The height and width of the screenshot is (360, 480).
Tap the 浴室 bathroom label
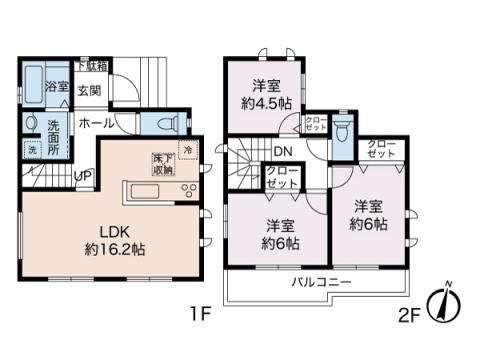click(x=56, y=87)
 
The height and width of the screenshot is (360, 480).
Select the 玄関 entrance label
click(x=89, y=90)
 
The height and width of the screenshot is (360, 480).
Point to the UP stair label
click(x=85, y=176)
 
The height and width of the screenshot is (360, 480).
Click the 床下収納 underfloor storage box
click(x=162, y=164)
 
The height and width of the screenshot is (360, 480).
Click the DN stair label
click(x=283, y=152)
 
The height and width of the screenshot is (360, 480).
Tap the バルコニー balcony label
click(x=321, y=283)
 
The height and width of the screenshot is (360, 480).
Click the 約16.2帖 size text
click(x=116, y=248)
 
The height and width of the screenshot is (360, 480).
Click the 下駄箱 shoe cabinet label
click(x=94, y=65)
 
